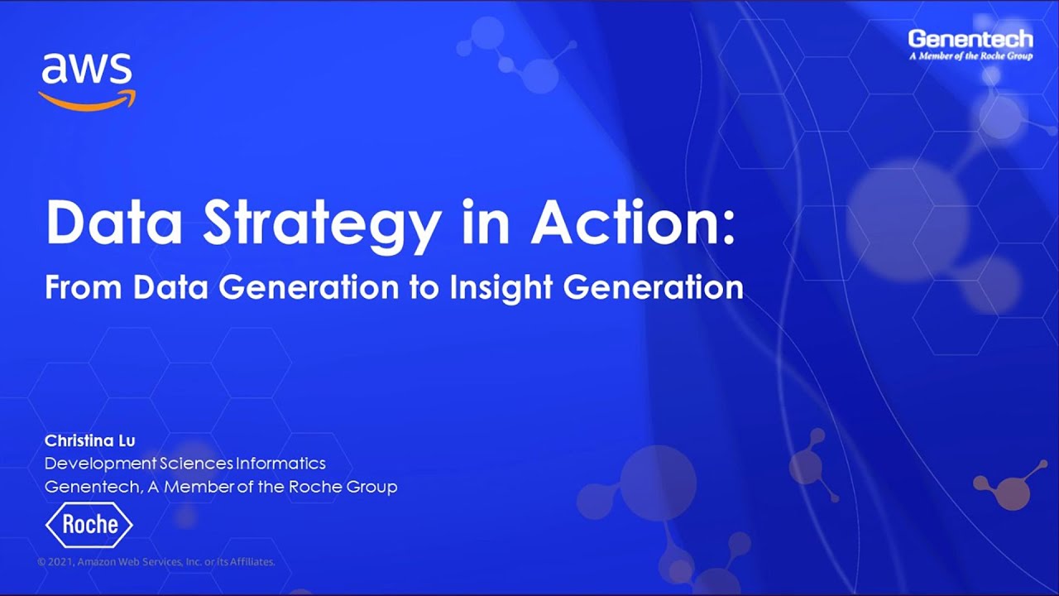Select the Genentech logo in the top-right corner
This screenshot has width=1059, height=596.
pos(970,39)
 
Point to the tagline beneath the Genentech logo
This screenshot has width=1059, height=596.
pos(970,56)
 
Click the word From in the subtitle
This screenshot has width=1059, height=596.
pos(83,287)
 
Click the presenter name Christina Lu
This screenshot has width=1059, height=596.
pos(89,440)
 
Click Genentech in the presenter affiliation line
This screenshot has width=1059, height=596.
pos(91,487)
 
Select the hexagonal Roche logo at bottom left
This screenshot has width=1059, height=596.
pos(89,526)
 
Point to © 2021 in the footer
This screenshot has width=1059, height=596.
pos(55,562)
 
